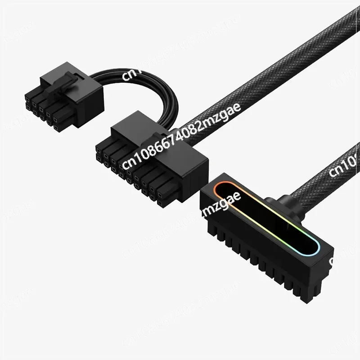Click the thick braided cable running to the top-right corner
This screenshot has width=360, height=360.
click(288, 67)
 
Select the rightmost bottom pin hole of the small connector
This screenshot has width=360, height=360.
click(56, 128)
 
